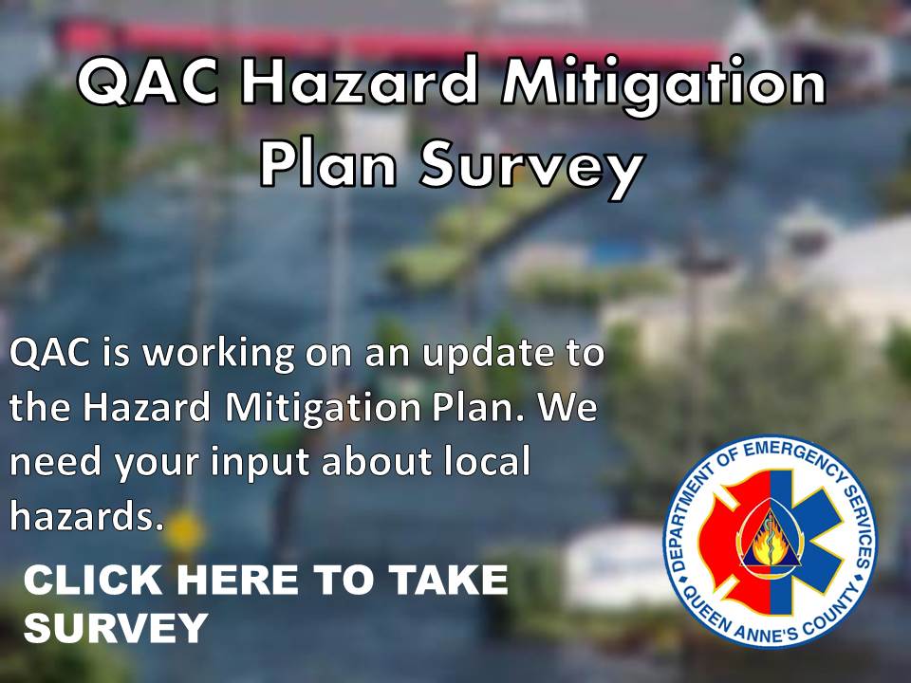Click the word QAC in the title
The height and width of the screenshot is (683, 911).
tap(149, 82)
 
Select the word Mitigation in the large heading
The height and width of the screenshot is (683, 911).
tap(663, 83)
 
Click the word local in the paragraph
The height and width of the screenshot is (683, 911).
tap(487, 461)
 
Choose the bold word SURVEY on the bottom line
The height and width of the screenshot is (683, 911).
tap(116, 627)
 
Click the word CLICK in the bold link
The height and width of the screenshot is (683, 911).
tap(93, 580)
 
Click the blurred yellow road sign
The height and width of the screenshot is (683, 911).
tap(183, 531)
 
